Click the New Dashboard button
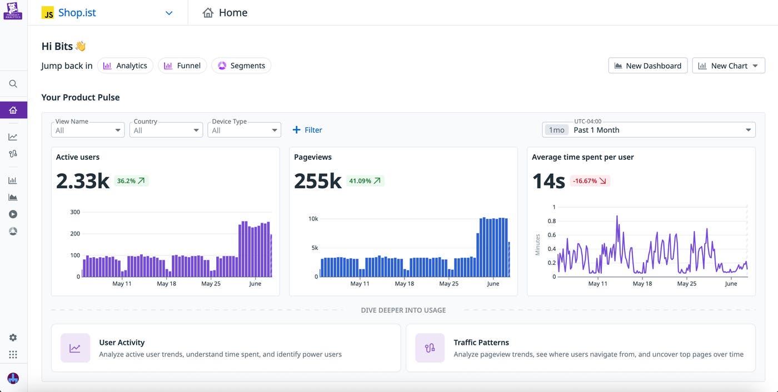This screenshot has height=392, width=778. click(647, 66)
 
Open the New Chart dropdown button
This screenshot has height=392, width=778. click(729, 66)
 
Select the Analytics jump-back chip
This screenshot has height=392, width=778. click(125, 66)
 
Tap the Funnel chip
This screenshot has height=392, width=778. click(182, 66)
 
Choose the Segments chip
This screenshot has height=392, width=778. click(241, 66)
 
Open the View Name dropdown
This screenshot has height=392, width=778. click(88, 130)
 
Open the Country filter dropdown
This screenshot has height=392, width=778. click(166, 130)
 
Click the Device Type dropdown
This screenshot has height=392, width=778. click(244, 130)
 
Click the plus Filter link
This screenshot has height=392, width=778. click(307, 130)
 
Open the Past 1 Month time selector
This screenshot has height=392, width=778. click(649, 130)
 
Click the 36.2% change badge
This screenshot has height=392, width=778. click(131, 180)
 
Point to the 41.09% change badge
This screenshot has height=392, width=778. click(365, 180)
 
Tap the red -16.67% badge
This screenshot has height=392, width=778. click(590, 180)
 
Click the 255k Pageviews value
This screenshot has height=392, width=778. click(317, 181)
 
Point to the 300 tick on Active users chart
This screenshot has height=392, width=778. click(75, 212)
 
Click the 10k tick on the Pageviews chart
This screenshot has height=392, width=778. click(313, 219)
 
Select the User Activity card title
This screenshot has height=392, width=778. click(122, 343)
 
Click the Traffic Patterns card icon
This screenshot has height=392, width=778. click(430, 348)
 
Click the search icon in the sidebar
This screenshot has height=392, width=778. click(13, 84)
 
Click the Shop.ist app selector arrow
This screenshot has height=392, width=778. click(169, 13)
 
